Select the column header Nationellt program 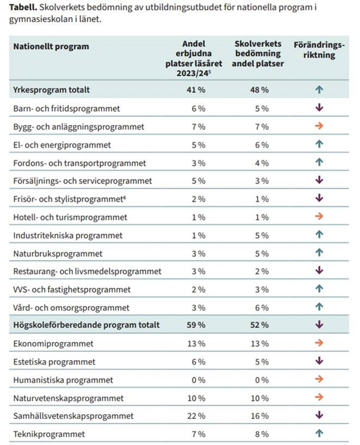point(51,46)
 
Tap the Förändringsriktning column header point(319,50)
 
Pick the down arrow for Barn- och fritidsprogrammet point(319,108)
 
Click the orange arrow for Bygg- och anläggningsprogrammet point(319,126)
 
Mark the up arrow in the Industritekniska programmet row point(319,234)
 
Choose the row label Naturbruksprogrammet point(58,253)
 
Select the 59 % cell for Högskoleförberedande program point(198,325)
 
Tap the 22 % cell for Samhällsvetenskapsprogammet point(197,416)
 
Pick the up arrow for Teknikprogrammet point(319,434)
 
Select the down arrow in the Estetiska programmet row point(319,361)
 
